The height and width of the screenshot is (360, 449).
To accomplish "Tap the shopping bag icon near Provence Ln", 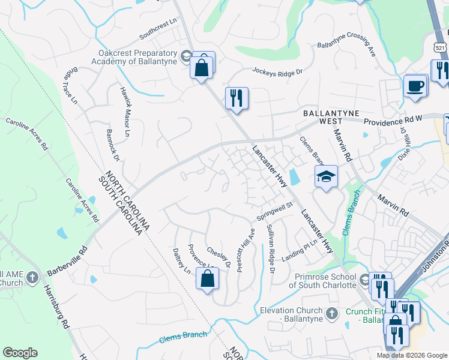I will pyautogui.click(x=207, y=279).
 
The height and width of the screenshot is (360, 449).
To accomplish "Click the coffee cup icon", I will pyautogui.click(x=415, y=86).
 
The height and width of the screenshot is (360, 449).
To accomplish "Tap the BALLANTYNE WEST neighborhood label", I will pyautogui.click(x=326, y=116).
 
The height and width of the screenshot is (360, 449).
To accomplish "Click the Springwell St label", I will pyautogui.click(x=274, y=210).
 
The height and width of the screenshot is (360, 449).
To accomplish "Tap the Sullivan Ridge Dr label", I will pyautogui.click(x=270, y=247).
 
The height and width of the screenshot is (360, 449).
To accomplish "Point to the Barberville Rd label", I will pyautogui.click(x=67, y=261).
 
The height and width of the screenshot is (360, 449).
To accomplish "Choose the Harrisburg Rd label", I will pyautogui.click(x=55, y=305).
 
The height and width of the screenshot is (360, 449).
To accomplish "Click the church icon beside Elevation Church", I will pyautogui.click(x=331, y=313).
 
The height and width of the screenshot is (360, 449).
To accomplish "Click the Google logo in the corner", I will pyautogui.click(x=20, y=353).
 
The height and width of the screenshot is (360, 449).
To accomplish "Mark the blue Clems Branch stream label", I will pyautogui.click(x=183, y=338).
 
